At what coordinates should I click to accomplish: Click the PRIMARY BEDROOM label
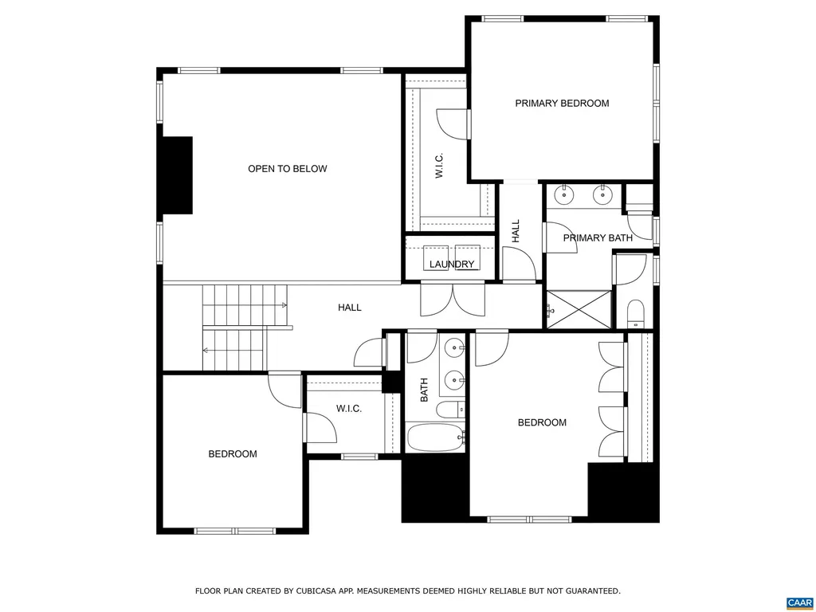tap(562, 104)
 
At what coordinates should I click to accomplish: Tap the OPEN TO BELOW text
tap(287, 169)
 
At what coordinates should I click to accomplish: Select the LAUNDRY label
tap(452, 265)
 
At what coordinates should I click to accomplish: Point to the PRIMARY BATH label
tap(598, 238)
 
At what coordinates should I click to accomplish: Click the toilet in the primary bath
tap(635, 312)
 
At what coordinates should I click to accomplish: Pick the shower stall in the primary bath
tap(579, 309)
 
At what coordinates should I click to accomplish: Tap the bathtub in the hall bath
tap(435, 437)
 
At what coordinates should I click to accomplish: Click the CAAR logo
tap(799, 602)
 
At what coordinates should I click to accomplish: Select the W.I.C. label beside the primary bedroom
tap(439, 166)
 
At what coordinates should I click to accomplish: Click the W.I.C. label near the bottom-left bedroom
tap(349, 409)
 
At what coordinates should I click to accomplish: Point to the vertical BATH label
tap(425, 389)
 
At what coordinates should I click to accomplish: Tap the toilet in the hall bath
tap(450, 410)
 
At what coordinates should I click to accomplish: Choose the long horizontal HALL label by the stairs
tap(349, 308)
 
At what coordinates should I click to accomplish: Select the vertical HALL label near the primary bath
tap(516, 231)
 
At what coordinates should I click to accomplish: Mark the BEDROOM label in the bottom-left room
tap(233, 454)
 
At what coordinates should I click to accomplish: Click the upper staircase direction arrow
tap(284, 305)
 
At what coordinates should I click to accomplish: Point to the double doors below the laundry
tap(453, 300)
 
